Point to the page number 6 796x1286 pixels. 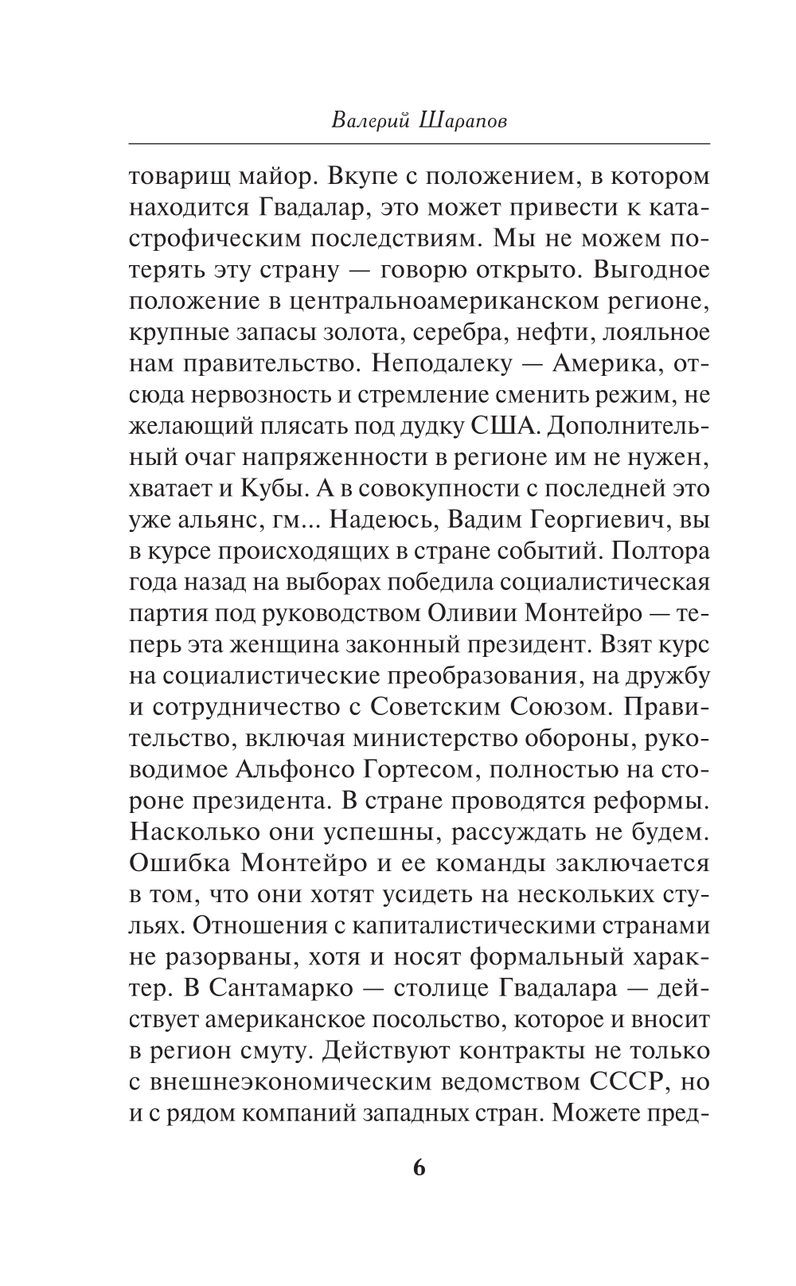click(419, 1168)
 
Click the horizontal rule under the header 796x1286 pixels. click(419, 143)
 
